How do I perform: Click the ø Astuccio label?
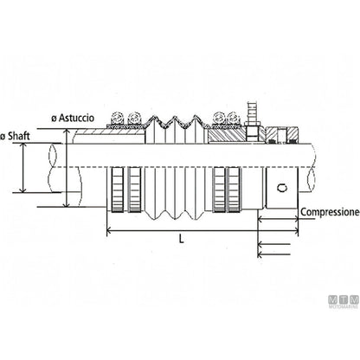click(73, 119)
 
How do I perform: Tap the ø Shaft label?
click(15, 136)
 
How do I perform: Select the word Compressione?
click(331, 212)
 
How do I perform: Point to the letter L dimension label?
click(181, 239)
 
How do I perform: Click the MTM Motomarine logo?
click(344, 300)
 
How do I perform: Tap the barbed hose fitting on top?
click(252, 110)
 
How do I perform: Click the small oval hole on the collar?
click(282, 188)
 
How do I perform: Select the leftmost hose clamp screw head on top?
click(118, 118)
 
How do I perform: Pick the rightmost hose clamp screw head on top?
click(234, 118)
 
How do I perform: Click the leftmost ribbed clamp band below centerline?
click(118, 190)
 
